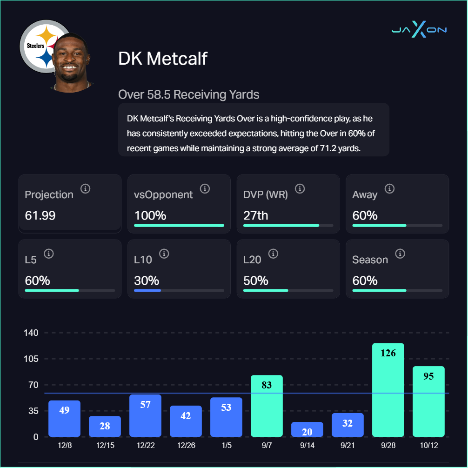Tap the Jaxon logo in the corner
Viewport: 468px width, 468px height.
pos(419,30)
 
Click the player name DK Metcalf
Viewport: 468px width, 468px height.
pos(163,59)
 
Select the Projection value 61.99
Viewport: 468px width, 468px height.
pos(40,215)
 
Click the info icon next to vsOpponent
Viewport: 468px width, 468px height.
pos(205,189)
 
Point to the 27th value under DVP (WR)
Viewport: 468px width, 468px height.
pos(256,215)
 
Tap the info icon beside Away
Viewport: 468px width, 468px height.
pos(389,189)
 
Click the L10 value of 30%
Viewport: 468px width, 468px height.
pos(147,281)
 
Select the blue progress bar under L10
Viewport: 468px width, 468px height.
pos(147,290)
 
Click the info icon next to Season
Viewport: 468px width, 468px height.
pos(400,254)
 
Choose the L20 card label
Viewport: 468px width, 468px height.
pos(252,260)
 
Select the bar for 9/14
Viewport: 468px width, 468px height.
pos(307,429)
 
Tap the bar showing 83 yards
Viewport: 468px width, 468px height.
pos(267,406)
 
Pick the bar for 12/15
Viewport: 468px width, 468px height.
pos(105,426)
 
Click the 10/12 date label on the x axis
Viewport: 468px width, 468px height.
pos(428,446)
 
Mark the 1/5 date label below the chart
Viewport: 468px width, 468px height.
pos(226,446)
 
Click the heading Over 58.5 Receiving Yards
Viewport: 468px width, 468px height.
pos(188,95)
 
